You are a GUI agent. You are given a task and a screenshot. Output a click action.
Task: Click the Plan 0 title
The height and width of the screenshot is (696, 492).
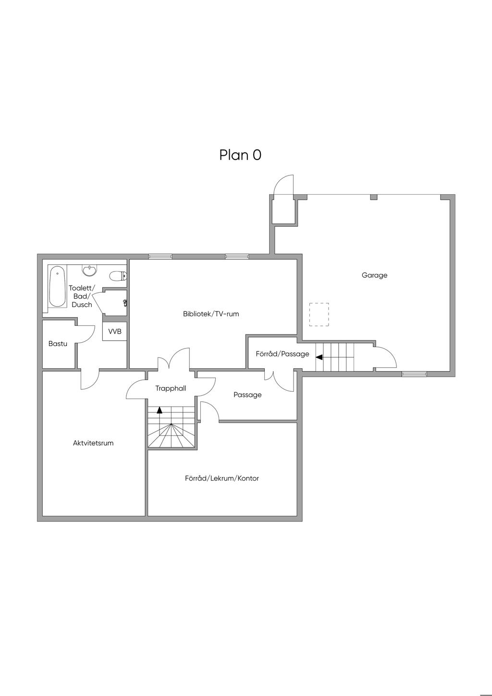point(240,155)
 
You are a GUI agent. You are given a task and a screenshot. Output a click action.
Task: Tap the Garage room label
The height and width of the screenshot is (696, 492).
point(374,275)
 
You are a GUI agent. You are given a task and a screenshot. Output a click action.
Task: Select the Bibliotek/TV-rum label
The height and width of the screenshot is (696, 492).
point(211,314)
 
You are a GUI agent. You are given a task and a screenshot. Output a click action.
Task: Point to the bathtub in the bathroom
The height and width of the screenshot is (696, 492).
point(57,286)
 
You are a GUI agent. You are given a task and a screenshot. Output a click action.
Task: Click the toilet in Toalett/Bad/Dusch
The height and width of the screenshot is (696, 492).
point(118,275)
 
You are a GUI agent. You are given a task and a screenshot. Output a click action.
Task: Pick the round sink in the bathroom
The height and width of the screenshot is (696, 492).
point(90,270)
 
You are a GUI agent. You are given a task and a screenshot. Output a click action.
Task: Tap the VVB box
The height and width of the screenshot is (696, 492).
point(115,332)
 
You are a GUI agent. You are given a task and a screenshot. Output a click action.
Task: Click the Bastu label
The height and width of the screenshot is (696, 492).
point(58,344)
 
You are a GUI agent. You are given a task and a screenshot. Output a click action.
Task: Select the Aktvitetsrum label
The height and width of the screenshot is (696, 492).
point(93,443)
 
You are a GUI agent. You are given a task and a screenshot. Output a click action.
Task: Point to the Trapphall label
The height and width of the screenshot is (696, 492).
point(171,388)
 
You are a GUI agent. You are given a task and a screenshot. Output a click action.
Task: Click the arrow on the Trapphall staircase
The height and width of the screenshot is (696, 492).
point(160,410)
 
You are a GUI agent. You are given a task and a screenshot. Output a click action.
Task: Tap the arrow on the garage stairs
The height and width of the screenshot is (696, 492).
point(319,357)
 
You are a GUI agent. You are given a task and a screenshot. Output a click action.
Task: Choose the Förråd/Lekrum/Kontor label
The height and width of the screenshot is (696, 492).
point(222,478)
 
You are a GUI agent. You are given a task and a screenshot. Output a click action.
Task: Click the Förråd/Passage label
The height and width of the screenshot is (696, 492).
point(283,354)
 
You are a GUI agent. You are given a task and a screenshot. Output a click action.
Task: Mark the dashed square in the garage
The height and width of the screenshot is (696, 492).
point(319,314)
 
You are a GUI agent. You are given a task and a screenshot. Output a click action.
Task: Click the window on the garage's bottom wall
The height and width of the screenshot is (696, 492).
point(414,374)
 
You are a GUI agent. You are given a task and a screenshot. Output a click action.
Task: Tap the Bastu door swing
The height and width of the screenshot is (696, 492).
point(85,335)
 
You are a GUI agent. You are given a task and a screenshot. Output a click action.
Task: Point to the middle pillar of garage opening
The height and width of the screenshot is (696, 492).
point(374,197)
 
